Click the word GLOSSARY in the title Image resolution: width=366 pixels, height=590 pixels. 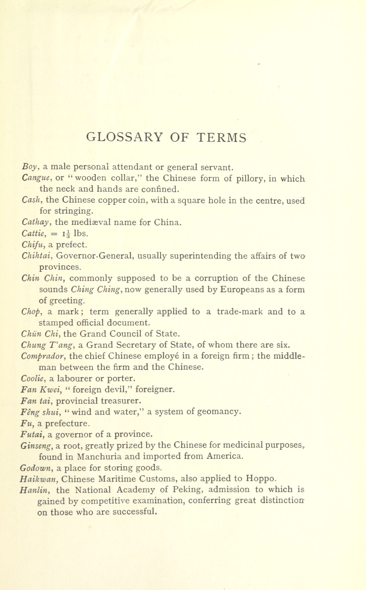point(124,137)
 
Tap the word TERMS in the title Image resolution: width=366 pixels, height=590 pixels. point(222,137)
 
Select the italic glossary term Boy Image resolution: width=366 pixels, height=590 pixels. point(30,167)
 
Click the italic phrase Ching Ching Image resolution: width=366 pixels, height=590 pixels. point(95,289)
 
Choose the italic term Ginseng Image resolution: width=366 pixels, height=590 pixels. point(36,446)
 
